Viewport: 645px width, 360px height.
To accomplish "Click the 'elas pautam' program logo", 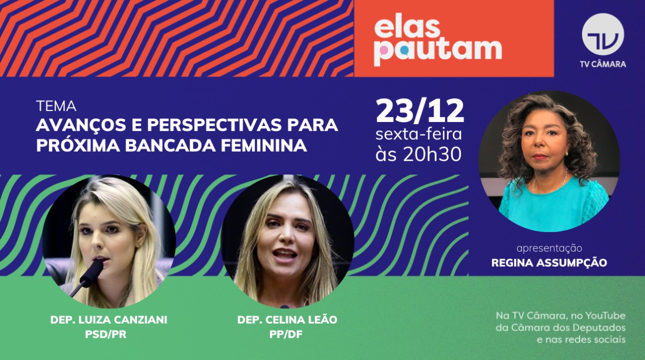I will (437, 43).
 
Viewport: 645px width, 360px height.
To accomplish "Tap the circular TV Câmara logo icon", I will (603, 34).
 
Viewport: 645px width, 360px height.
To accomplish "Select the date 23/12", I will (420, 111).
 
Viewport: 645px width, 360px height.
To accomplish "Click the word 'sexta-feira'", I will (418, 135).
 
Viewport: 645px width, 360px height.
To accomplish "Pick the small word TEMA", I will (56, 106).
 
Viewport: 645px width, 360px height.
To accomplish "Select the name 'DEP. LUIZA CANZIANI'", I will (109, 320).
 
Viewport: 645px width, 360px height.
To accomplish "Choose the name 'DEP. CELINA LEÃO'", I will (287, 320).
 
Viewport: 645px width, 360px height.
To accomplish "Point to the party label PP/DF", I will (287, 334).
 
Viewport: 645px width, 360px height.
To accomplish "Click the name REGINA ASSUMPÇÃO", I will (549, 263).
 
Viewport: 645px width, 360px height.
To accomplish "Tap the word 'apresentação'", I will (549, 248).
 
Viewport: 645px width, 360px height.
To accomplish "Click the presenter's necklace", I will (549, 185).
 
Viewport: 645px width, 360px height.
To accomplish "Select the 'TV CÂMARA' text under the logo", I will (603, 64).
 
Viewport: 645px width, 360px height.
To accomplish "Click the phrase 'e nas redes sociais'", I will (581, 339).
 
